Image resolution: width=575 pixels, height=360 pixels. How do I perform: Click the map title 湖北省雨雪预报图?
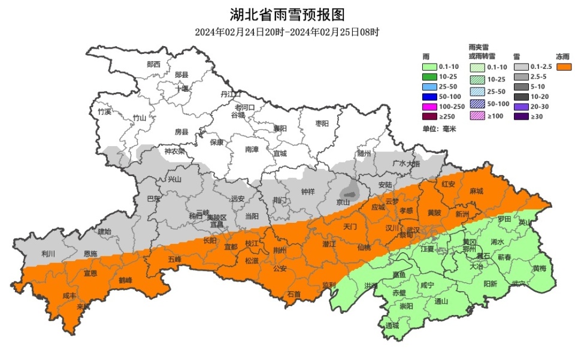(x=287, y=14)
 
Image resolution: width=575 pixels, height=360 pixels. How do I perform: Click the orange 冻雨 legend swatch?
(x=564, y=67)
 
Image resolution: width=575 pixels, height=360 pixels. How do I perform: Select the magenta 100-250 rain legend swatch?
(x=429, y=106)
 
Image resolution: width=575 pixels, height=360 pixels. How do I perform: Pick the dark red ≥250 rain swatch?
(x=429, y=116)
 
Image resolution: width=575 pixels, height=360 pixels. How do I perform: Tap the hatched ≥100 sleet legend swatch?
(x=477, y=116)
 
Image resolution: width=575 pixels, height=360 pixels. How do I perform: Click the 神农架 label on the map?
(x=175, y=152)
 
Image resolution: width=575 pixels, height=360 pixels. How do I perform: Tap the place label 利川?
(x=49, y=254)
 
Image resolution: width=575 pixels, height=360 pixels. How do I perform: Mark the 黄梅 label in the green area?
(x=539, y=268)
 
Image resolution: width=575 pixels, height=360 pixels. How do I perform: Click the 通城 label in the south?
(x=392, y=326)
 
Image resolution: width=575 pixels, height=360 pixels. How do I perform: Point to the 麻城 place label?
(x=476, y=191)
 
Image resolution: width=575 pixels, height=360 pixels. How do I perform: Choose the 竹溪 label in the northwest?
(x=105, y=112)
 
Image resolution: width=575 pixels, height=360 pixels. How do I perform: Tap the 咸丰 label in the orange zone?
(x=69, y=296)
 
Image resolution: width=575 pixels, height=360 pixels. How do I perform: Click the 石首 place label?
(x=293, y=294)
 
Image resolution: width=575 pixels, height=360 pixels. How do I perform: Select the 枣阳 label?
(x=322, y=124)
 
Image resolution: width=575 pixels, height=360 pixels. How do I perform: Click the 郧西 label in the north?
(x=153, y=64)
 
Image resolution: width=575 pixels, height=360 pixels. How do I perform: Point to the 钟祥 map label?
(x=307, y=192)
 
